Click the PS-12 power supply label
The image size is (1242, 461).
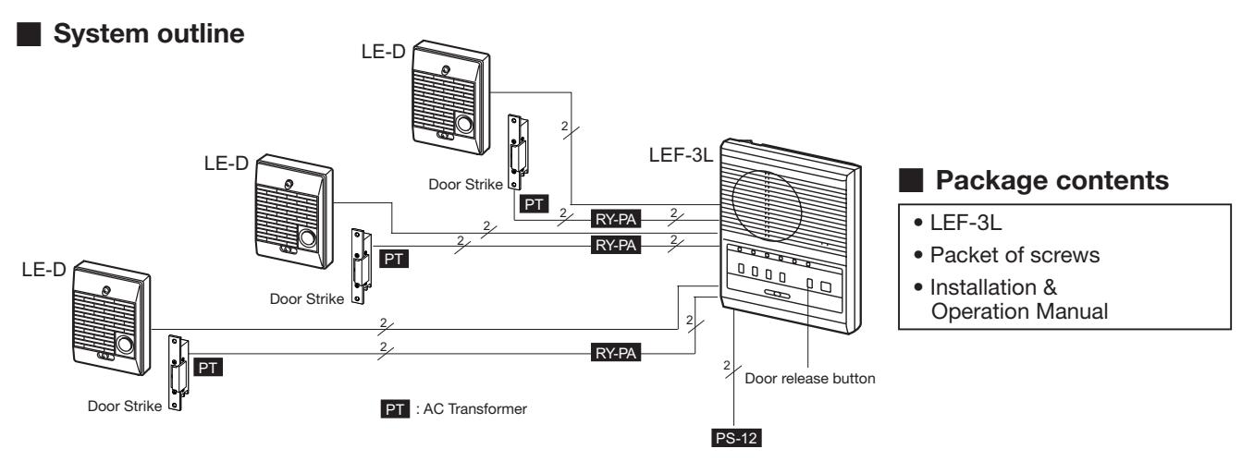tap(736, 438)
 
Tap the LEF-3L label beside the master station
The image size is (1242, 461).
tap(681, 154)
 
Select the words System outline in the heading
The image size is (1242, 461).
tap(149, 33)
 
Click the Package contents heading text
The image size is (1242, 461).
tap(1051, 181)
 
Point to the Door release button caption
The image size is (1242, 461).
tap(809, 379)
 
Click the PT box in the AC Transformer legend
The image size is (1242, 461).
tap(395, 409)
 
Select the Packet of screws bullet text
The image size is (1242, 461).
tap(1015, 255)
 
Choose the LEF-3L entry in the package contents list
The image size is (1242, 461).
tap(965, 223)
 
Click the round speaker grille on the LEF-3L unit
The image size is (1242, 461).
tap(767, 206)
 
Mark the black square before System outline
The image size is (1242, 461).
tap(29, 34)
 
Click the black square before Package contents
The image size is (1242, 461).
tap(910, 181)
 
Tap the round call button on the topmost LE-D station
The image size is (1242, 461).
tap(464, 124)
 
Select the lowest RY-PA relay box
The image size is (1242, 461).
tap(616, 353)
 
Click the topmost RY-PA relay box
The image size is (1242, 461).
tap(616, 219)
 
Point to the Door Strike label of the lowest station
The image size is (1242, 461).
tap(125, 406)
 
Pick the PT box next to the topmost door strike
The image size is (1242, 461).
tap(534, 204)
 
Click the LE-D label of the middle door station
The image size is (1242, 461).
tap(227, 164)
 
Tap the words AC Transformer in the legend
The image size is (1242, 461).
tap(475, 409)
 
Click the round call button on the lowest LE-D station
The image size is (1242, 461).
tap(125, 345)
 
